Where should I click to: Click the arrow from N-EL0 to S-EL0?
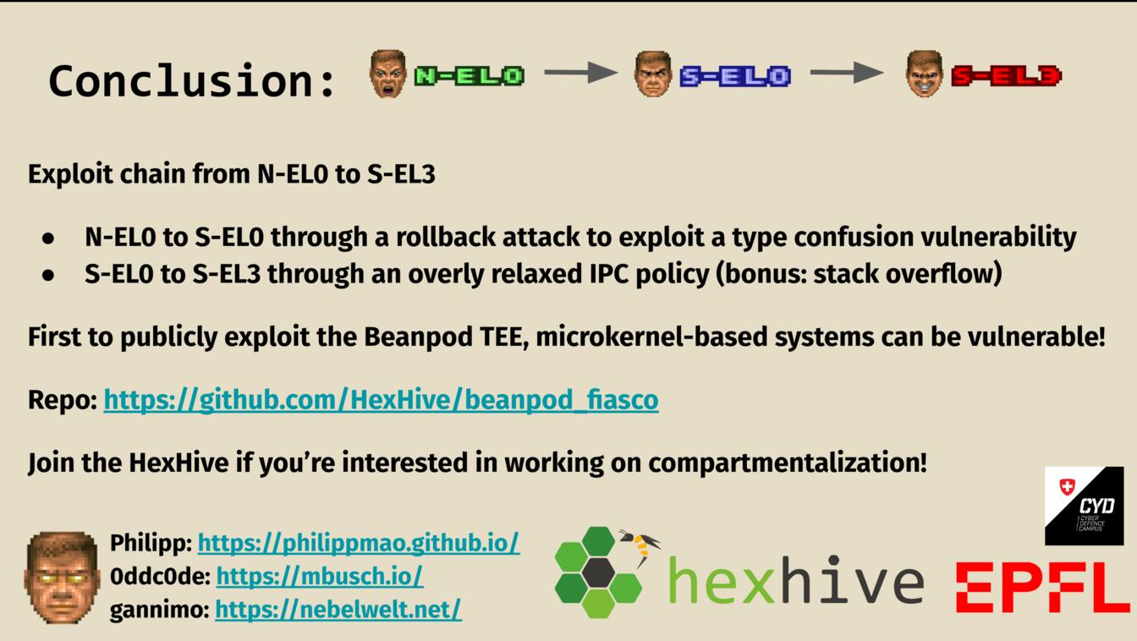point(580,72)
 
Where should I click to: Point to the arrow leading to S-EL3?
point(847,72)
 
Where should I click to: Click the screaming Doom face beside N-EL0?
point(387,74)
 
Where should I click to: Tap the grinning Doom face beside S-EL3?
point(925,74)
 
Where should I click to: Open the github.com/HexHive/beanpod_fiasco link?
point(382,400)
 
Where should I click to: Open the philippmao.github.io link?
point(359,543)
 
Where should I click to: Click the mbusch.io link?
point(320,576)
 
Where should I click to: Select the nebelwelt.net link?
point(338,609)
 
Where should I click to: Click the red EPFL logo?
point(1042,587)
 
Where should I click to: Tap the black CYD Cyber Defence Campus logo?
point(1085,506)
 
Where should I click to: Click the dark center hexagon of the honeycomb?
point(598,573)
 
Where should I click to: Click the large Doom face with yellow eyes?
point(62,577)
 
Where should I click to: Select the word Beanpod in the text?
point(418,337)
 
